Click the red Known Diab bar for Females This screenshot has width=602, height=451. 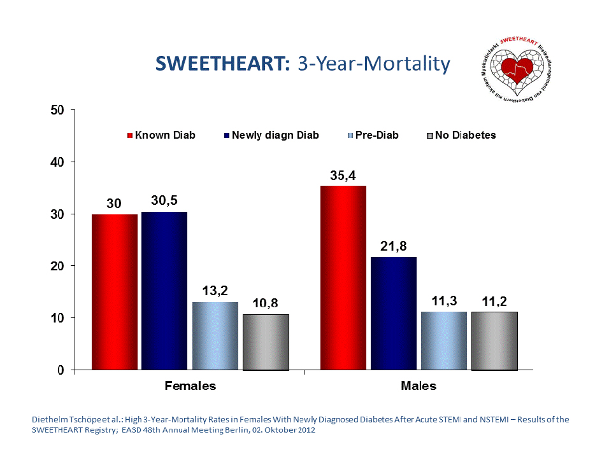point(115,292)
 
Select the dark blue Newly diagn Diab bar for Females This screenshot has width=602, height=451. point(164,291)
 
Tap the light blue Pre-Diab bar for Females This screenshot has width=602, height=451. point(215,336)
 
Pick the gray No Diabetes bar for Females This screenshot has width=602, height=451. point(266,342)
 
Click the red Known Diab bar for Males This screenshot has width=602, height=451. point(343,278)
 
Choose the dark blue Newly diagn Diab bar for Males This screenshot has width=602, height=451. point(393,314)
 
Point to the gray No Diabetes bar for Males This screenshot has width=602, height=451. point(494,341)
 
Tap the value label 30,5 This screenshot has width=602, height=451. point(165,200)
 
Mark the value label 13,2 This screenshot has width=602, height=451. point(215,291)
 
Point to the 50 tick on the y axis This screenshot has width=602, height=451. point(58,110)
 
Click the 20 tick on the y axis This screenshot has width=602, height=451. point(58,266)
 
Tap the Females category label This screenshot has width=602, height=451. point(190,385)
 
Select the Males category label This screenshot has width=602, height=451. point(419,385)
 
